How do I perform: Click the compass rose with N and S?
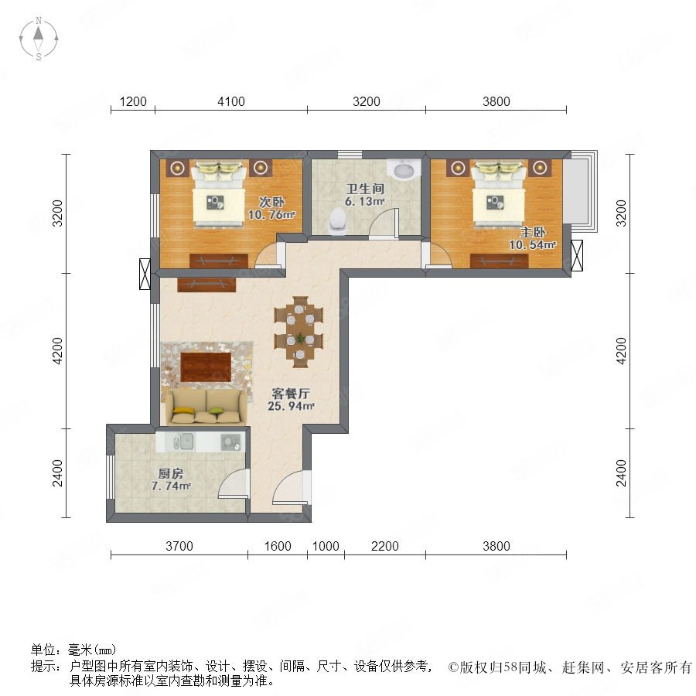click(x=39, y=39)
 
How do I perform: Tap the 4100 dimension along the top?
click(x=230, y=101)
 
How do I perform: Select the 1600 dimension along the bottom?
click(x=278, y=546)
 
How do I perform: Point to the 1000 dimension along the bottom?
click(x=326, y=546)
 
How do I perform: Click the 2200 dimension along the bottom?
click(x=384, y=546)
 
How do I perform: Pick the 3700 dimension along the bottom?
click(x=179, y=546)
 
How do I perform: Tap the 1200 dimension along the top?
click(x=133, y=101)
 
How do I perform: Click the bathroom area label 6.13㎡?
click(x=364, y=201)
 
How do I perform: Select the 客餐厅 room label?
click(x=291, y=394)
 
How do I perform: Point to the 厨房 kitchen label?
click(x=171, y=473)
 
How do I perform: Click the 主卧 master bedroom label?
click(x=533, y=232)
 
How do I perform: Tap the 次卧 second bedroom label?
click(x=271, y=202)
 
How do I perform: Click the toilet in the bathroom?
click(x=338, y=221)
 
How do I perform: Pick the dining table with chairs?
click(x=299, y=332)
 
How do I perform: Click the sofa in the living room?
click(x=206, y=406)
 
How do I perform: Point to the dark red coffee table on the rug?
click(x=206, y=367)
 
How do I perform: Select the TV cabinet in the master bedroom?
click(x=500, y=261)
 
